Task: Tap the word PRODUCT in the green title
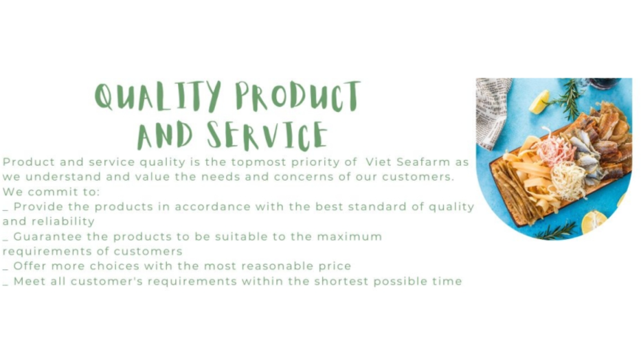coord(298,96)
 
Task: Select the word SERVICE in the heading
coord(267,135)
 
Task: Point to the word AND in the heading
coord(165,135)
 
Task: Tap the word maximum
coord(350,236)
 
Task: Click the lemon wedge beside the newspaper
coord(539,102)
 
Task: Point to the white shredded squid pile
coord(569,181)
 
